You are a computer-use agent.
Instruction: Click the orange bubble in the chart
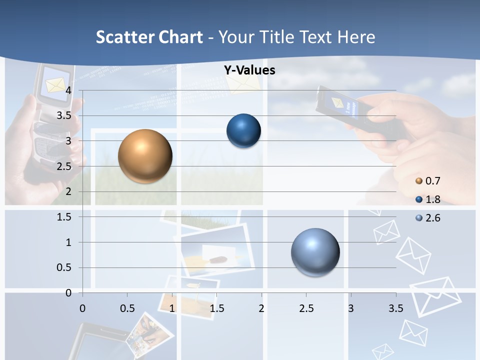[145, 156]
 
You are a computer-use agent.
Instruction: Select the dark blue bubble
[243, 131]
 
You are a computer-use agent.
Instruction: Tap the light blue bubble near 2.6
[315, 252]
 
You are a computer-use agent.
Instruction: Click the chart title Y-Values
[249, 70]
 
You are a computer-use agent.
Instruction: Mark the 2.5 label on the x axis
[306, 308]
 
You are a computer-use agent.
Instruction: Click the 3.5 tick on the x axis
[395, 308]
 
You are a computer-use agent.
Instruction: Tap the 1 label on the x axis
[172, 308]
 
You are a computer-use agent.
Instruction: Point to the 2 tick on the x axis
[261, 308]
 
